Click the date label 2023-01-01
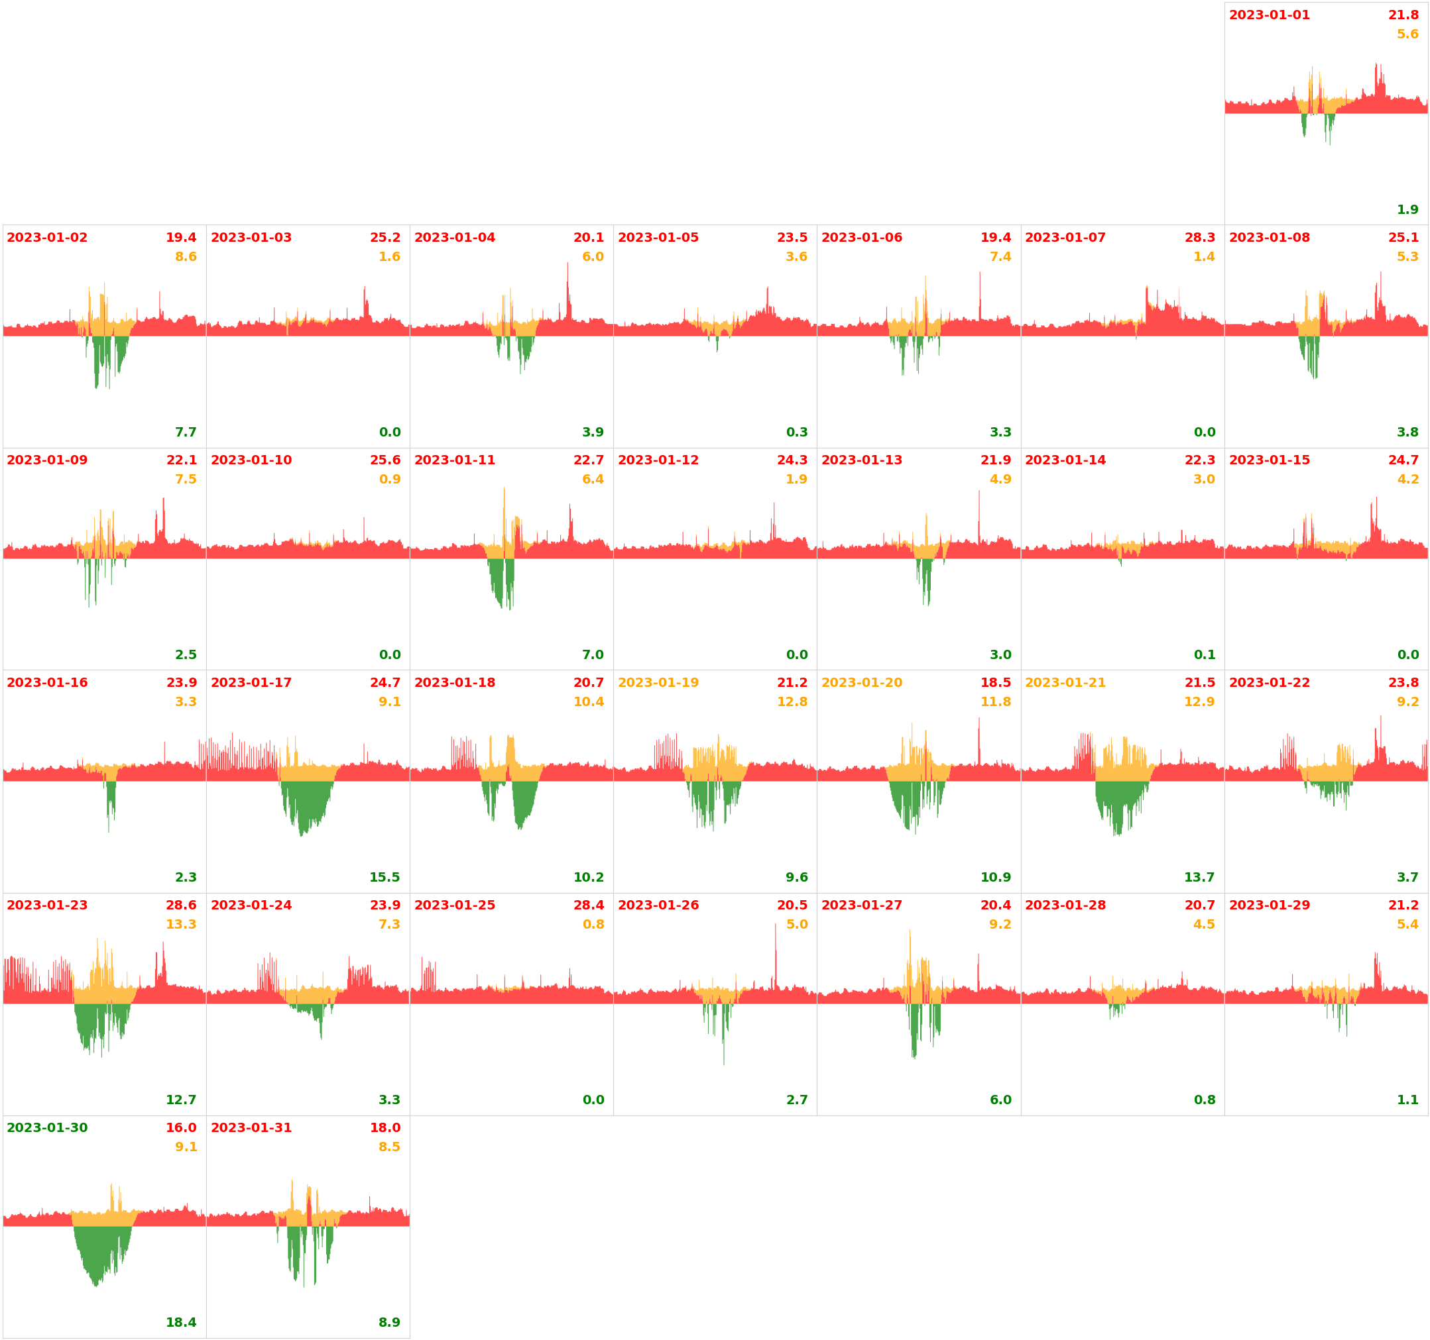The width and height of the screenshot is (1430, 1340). tap(1269, 15)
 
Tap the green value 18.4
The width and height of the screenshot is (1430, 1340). tap(181, 1322)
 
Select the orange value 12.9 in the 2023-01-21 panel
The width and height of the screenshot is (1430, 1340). tap(1199, 701)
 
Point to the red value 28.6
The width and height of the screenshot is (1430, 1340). tap(181, 905)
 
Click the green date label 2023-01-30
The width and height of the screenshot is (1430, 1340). tap(48, 1128)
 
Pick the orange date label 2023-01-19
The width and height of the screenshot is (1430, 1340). tap(658, 682)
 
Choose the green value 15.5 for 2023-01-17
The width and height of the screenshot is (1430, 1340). tap(385, 877)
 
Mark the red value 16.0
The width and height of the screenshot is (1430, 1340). tap(181, 1128)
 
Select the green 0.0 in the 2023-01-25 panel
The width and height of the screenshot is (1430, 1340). tap(593, 1100)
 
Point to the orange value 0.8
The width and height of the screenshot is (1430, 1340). tap(593, 925)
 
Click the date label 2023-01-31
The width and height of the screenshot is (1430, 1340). tap(251, 1128)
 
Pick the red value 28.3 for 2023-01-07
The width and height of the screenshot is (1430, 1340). tap(1200, 237)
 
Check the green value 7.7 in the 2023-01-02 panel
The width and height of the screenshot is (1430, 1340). tap(186, 432)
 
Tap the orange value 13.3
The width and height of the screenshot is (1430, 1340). tap(181, 925)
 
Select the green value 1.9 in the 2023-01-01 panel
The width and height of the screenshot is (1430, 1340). tap(1407, 210)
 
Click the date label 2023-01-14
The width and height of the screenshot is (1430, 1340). tap(1065, 460)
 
